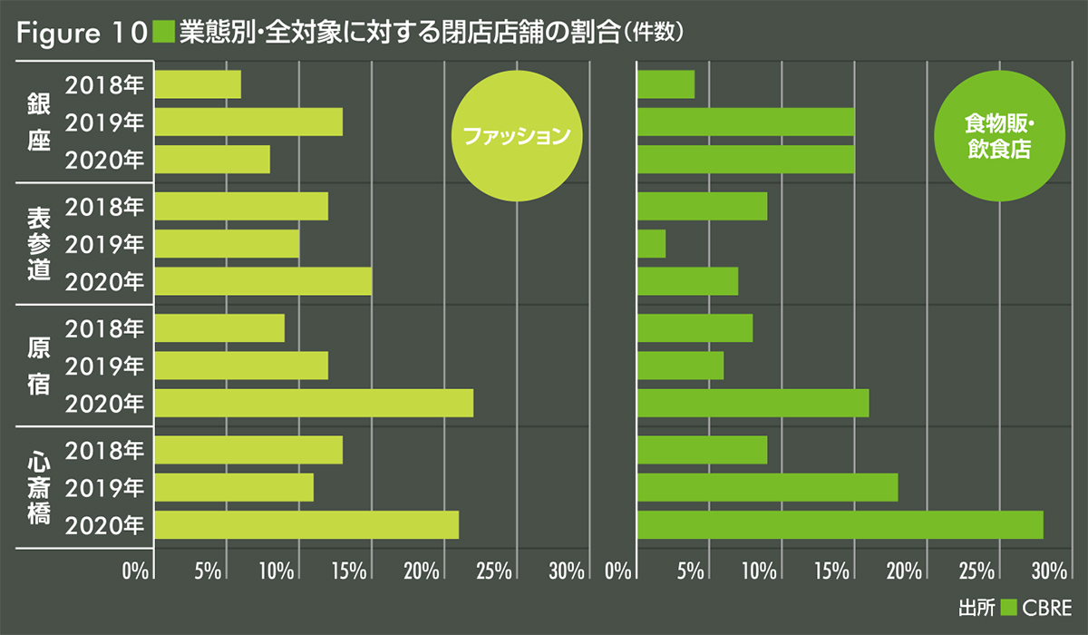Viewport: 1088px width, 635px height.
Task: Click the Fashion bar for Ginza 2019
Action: coord(248,122)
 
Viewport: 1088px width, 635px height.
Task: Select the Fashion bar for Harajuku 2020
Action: coord(314,403)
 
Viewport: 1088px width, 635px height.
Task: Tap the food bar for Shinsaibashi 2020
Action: coord(840,525)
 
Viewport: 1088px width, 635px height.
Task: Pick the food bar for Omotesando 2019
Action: coord(651,244)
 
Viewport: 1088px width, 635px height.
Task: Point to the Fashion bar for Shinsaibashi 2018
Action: coord(248,450)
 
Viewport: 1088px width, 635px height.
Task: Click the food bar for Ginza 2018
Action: coord(665,84)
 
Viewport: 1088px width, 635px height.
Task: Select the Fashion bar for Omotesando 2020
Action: coord(263,281)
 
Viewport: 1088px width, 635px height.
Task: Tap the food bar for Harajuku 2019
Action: coord(680,366)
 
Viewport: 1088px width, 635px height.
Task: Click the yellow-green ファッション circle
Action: coord(516,137)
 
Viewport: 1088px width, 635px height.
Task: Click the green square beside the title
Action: coord(164,33)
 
